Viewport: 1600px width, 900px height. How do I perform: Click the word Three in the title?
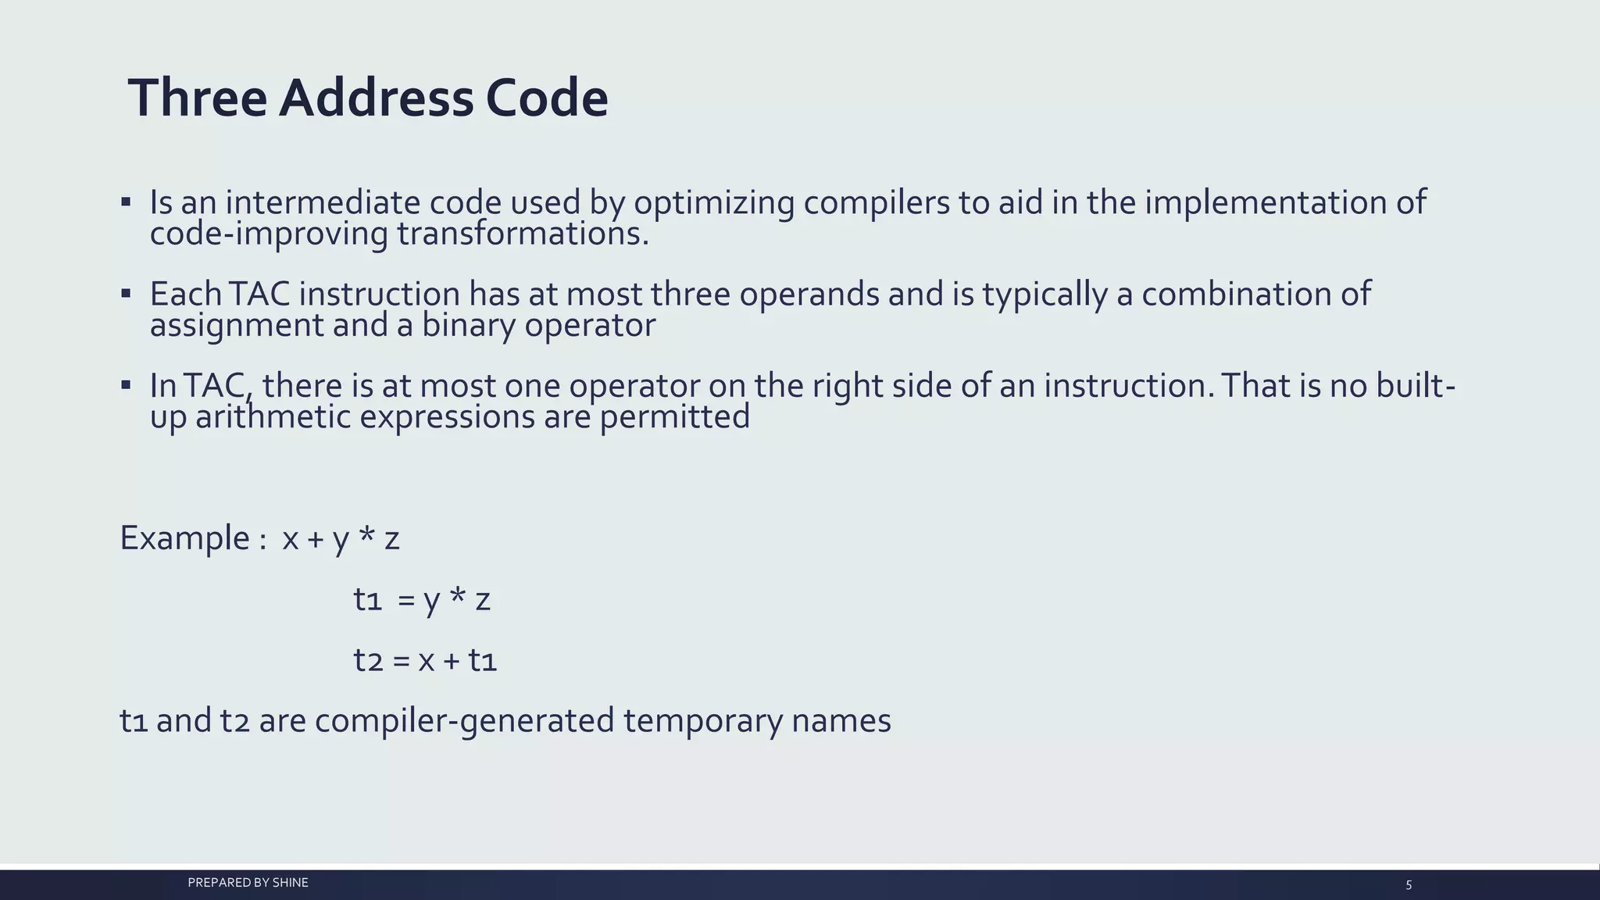coord(198,98)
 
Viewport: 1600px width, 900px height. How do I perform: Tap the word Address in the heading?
coord(376,98)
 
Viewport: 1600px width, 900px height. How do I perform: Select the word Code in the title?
coord(546,98)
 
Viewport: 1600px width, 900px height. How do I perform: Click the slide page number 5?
coord(1409,885)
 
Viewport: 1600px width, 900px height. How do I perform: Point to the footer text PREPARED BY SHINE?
coord(248,883)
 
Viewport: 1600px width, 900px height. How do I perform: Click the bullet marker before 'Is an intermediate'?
coord(126,202)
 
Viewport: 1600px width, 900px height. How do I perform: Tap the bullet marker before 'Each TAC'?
coord(126,295)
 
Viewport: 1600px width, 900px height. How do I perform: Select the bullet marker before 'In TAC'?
coord(126,385)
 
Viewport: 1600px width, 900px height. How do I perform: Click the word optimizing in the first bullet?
coord(713,203)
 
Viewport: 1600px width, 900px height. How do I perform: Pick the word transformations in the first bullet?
coord(523,234)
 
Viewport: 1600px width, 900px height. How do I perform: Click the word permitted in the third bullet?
coord(674,416)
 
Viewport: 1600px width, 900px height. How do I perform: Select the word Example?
coord(184,538)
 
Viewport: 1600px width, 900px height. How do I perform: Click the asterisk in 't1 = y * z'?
coord(458,598)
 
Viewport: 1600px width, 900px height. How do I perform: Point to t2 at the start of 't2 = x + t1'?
coord(368,661)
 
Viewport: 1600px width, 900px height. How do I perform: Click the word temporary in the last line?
coord(702,720)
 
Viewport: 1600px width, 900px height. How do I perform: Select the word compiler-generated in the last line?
coord(464,720)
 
